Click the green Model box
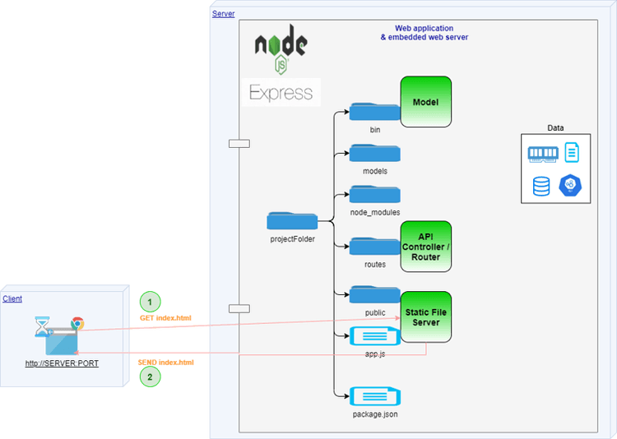pos(426,102)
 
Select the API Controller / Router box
pos(426,246)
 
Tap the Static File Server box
pos(426,317)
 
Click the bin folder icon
pos(375,112)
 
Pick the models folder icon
pos(375,152)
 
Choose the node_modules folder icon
pos(375,194)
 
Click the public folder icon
pos(375,295)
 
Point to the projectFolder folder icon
pos(292,220)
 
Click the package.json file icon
pos(375,396)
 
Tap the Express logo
pos(281,93)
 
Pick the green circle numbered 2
pos(149,377)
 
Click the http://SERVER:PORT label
pos(62,363)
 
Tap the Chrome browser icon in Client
pos(77,323)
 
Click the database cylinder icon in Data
pos(541,187)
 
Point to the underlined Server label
pos(223,14)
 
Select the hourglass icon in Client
pos(42,327)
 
